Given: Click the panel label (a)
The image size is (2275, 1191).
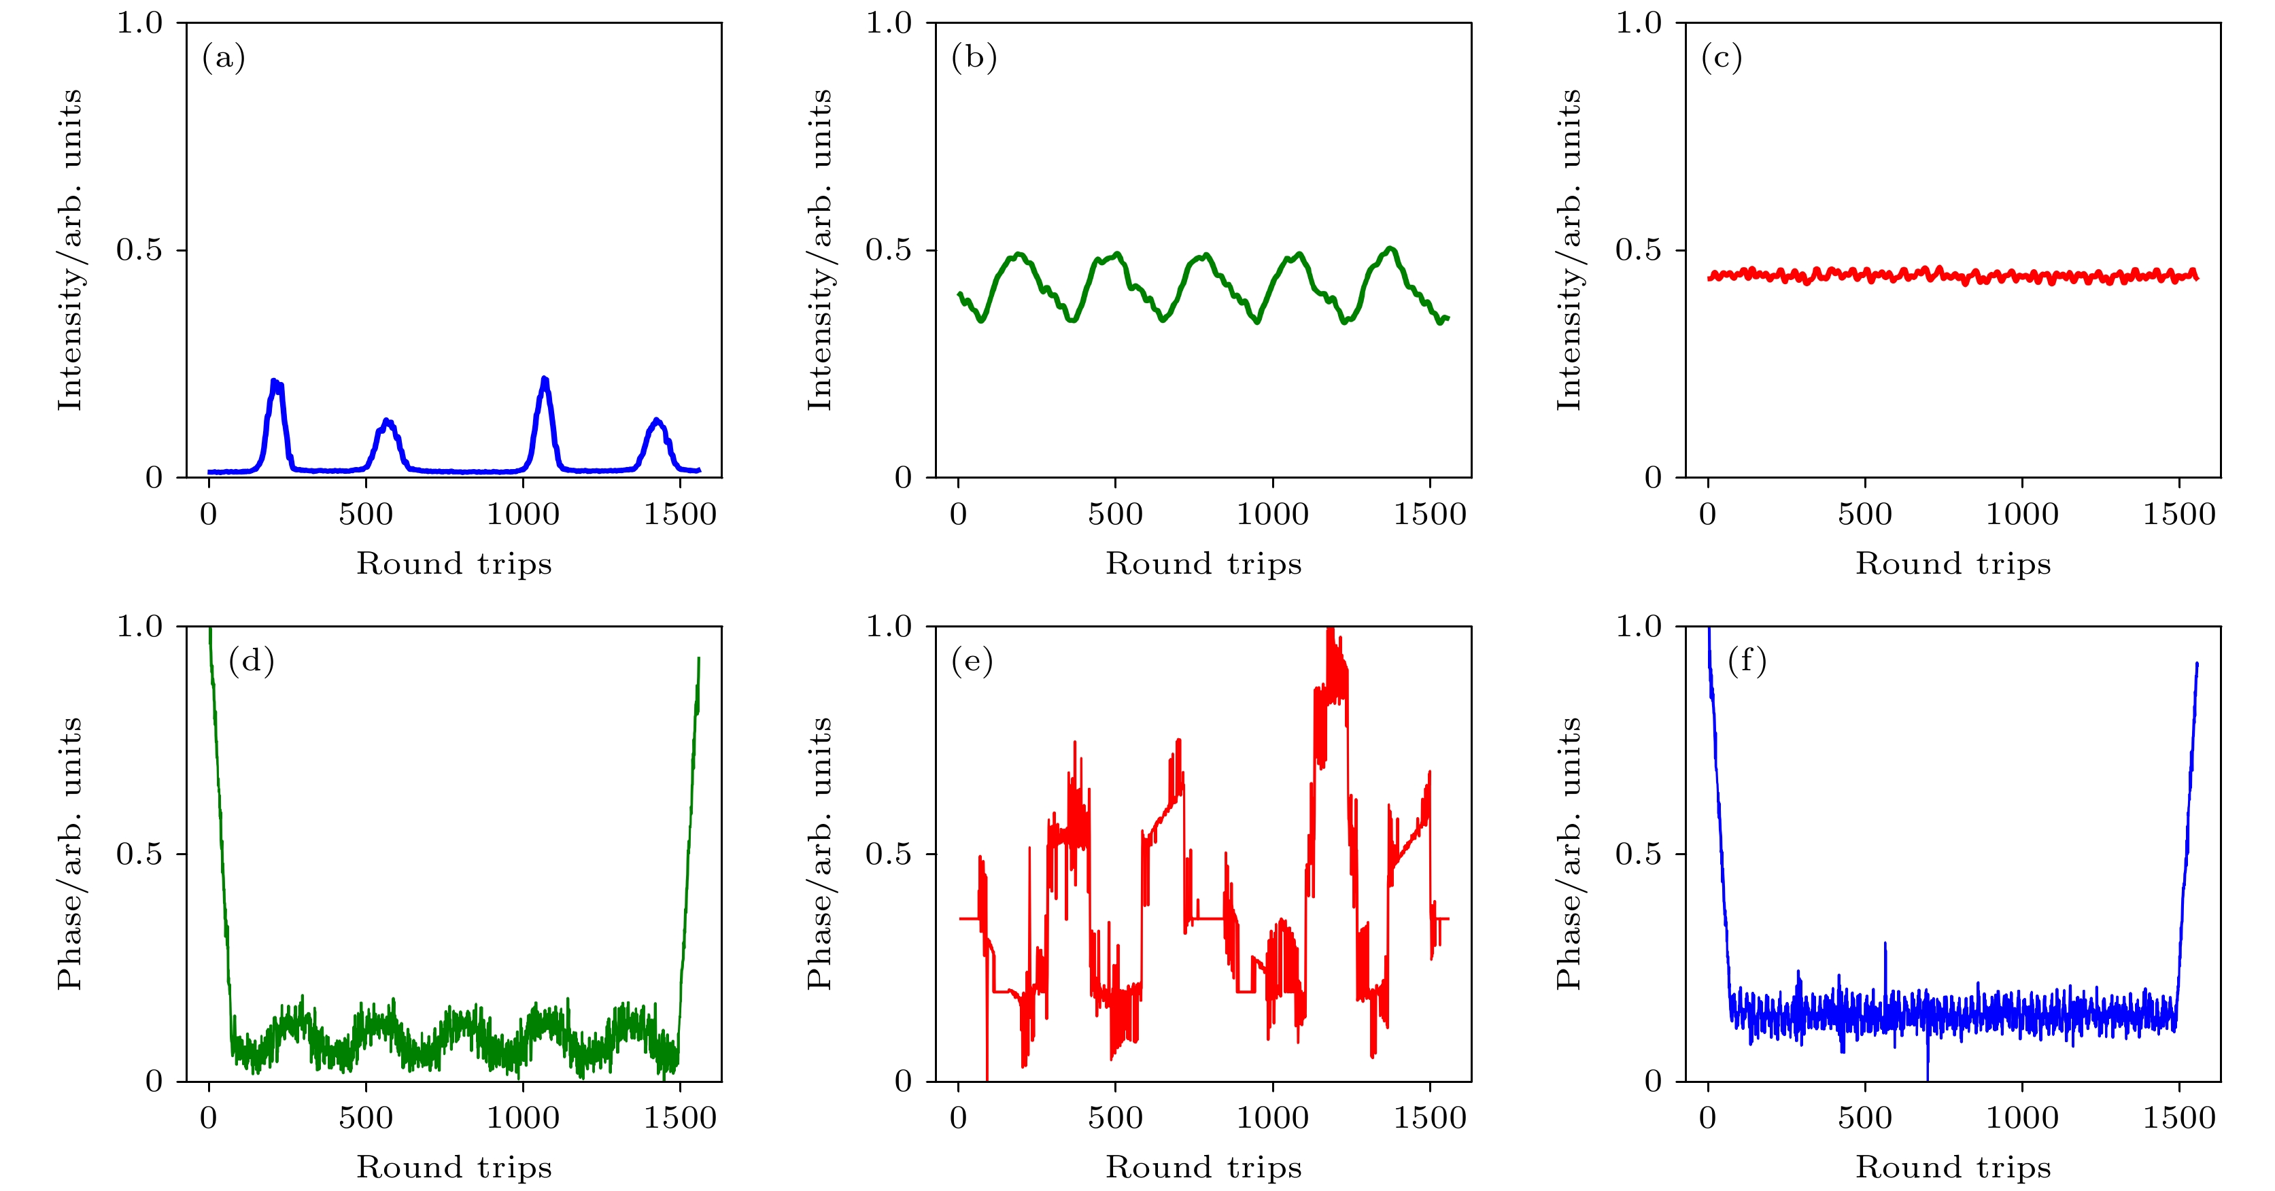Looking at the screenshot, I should [x=224, y=58].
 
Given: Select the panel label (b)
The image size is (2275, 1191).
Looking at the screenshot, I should [x=973, y=58].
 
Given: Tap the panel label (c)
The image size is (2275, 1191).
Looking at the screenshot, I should [x=1722, y=58].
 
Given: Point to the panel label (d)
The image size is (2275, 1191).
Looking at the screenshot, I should [x=251, y=661].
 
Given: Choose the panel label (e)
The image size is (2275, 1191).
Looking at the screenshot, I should [x=972, y=661].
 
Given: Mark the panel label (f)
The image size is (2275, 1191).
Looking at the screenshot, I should [x=1746, y=661].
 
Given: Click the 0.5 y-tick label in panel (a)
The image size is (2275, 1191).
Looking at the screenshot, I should [x=139, y=250].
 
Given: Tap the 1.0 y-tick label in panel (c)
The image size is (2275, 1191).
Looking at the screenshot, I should [x=1639, y=23].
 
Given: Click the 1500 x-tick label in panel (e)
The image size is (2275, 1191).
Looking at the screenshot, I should [x=1429, y=1118].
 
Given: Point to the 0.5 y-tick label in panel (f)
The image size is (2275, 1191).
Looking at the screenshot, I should [x=1639, y=854].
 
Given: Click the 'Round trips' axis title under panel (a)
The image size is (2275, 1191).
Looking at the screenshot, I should [x=454, y=564].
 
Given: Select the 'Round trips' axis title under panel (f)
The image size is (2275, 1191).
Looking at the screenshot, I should [x=1953, y=1167].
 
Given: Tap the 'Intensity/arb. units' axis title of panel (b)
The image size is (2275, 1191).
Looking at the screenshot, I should [x=819, y=250].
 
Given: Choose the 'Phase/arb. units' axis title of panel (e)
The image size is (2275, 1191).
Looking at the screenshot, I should [x=819, y=854].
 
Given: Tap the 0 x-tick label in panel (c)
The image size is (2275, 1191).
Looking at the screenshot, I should [x=1707, y=514].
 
